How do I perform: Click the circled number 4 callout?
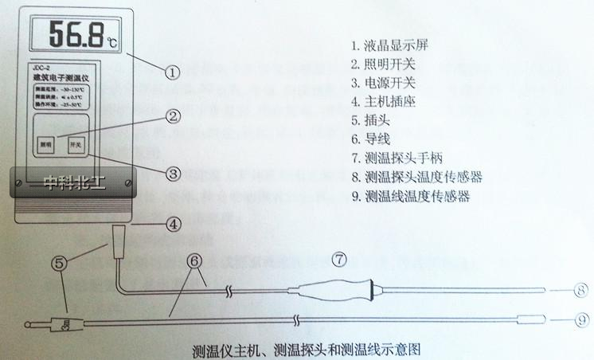click(174, 225)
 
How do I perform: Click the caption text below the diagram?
click(306, 350)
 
